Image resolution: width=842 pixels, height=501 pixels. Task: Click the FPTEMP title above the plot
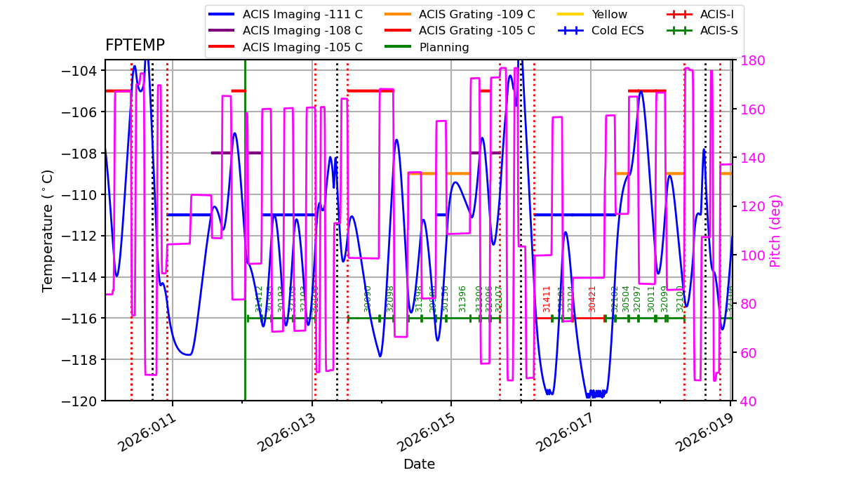coord(135,46)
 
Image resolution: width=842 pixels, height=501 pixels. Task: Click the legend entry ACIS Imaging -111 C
coord(302,14)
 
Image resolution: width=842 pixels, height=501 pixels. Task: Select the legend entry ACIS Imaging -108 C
coord(302,30)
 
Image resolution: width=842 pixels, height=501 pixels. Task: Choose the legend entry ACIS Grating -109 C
coord(476,14)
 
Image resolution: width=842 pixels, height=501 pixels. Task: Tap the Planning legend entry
coord(444,47)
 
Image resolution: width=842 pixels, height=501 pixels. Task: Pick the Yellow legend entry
coord(609,14)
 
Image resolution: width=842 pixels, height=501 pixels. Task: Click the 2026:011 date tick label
coord(146,433)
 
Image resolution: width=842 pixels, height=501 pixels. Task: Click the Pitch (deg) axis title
coord(775,230)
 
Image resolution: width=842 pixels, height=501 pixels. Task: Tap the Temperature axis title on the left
coord(48,230)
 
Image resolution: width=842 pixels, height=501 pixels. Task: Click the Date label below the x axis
coord(419,465)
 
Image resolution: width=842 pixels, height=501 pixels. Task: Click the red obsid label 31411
coord(547,299)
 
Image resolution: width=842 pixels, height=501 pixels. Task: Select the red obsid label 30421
coord(592,299)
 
